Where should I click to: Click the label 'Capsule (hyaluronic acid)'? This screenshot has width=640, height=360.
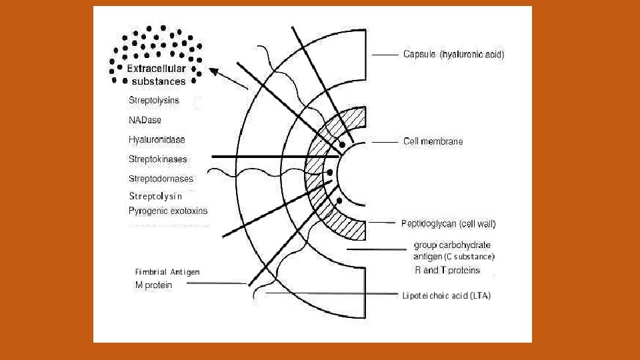[x=453, y=55]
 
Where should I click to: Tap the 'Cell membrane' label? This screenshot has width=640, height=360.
[x=433, y=141]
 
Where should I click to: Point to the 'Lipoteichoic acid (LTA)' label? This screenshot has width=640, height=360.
[x=446, y=295]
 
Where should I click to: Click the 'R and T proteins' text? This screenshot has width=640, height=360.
[x=447, y=270]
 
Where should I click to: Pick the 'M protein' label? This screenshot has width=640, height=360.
[x=153, y=285]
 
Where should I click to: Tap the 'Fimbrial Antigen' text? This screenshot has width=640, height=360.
[x=167, y=272]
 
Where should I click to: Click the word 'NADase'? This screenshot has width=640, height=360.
[x=145, y=120]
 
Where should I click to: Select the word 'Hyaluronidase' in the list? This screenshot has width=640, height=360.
[x=157, y=140]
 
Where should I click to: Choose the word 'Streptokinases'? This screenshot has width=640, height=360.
[x=158, y=159]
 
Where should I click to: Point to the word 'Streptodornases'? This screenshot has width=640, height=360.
[x=161, y=179]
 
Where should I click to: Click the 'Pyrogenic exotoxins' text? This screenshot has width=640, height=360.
[x=168, y=211]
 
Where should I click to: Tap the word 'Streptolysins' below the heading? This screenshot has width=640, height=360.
[x=154, y=101]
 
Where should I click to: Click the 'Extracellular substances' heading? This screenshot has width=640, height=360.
[x=157, y=75]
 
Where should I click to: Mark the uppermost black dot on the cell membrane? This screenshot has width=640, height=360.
[x=342, y=144]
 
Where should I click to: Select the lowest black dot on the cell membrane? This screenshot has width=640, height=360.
[x=339, y=201]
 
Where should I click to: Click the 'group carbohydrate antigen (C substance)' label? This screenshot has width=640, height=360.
[x=453, y=250]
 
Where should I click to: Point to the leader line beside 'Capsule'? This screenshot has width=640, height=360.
[x=385, y=55]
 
